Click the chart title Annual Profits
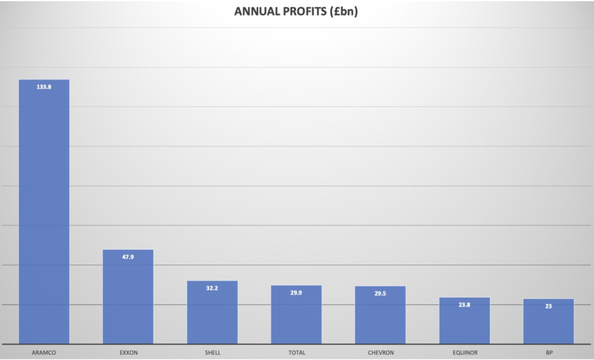(296, 11)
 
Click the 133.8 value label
(44, 87)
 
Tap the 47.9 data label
(128, 257)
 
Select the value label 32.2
(212, 288)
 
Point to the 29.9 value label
(296, 293)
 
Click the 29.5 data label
(380, 294)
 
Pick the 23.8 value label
(465, 305)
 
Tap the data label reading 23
(548, 306)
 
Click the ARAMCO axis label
(44, 353)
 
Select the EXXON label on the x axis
(128, 353)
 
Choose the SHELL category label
(212, 353)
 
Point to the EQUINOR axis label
(465, 353)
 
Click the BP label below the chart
(548, 353)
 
